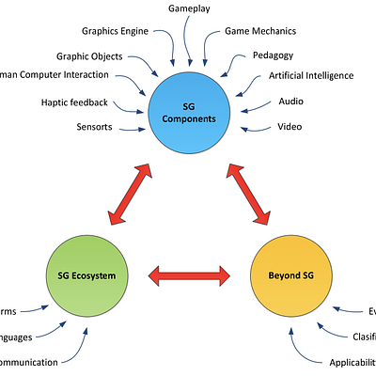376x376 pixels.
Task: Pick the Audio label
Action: point(290,101)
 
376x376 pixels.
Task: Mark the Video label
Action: point(290,126)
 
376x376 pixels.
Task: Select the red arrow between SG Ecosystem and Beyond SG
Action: point(193,274)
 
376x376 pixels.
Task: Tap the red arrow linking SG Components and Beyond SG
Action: point(250,194)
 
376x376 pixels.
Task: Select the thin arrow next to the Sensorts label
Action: point(132,126)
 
